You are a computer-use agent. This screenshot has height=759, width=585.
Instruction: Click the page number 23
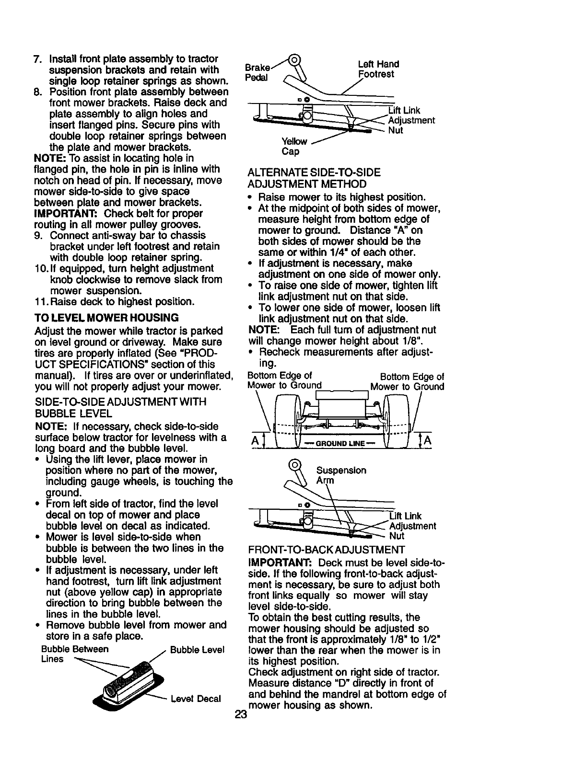241,715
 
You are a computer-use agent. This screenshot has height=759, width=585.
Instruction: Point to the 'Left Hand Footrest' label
378,69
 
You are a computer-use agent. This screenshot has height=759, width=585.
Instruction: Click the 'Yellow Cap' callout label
291,146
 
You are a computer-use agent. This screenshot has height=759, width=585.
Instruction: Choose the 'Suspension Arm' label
341,475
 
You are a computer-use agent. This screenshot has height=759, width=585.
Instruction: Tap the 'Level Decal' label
196,699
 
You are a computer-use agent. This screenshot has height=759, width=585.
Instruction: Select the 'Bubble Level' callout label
197,650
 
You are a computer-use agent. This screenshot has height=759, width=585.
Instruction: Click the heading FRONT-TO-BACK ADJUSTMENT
327,549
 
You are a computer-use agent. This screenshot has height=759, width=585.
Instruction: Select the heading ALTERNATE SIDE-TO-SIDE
314,172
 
